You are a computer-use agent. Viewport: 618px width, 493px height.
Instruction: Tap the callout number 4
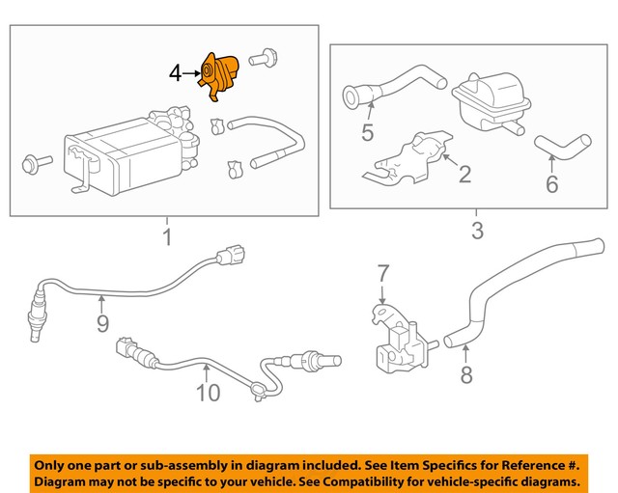[x=175, y=72]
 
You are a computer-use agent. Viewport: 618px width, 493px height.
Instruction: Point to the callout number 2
[x=464, y=175]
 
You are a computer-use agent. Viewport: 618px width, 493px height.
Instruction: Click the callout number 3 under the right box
[x=476, y=232]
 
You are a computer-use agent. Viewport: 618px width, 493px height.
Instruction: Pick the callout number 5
[x=368, y=131]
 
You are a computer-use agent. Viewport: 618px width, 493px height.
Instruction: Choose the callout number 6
[x=551, y=182]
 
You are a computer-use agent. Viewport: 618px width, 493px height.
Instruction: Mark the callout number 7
[x=382, y=273]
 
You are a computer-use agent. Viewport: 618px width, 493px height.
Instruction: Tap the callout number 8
[x=466, y=374]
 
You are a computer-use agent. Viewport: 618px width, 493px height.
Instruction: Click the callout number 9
[x=102, y=323]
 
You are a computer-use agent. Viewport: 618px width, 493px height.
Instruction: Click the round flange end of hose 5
[x=354, y=96]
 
